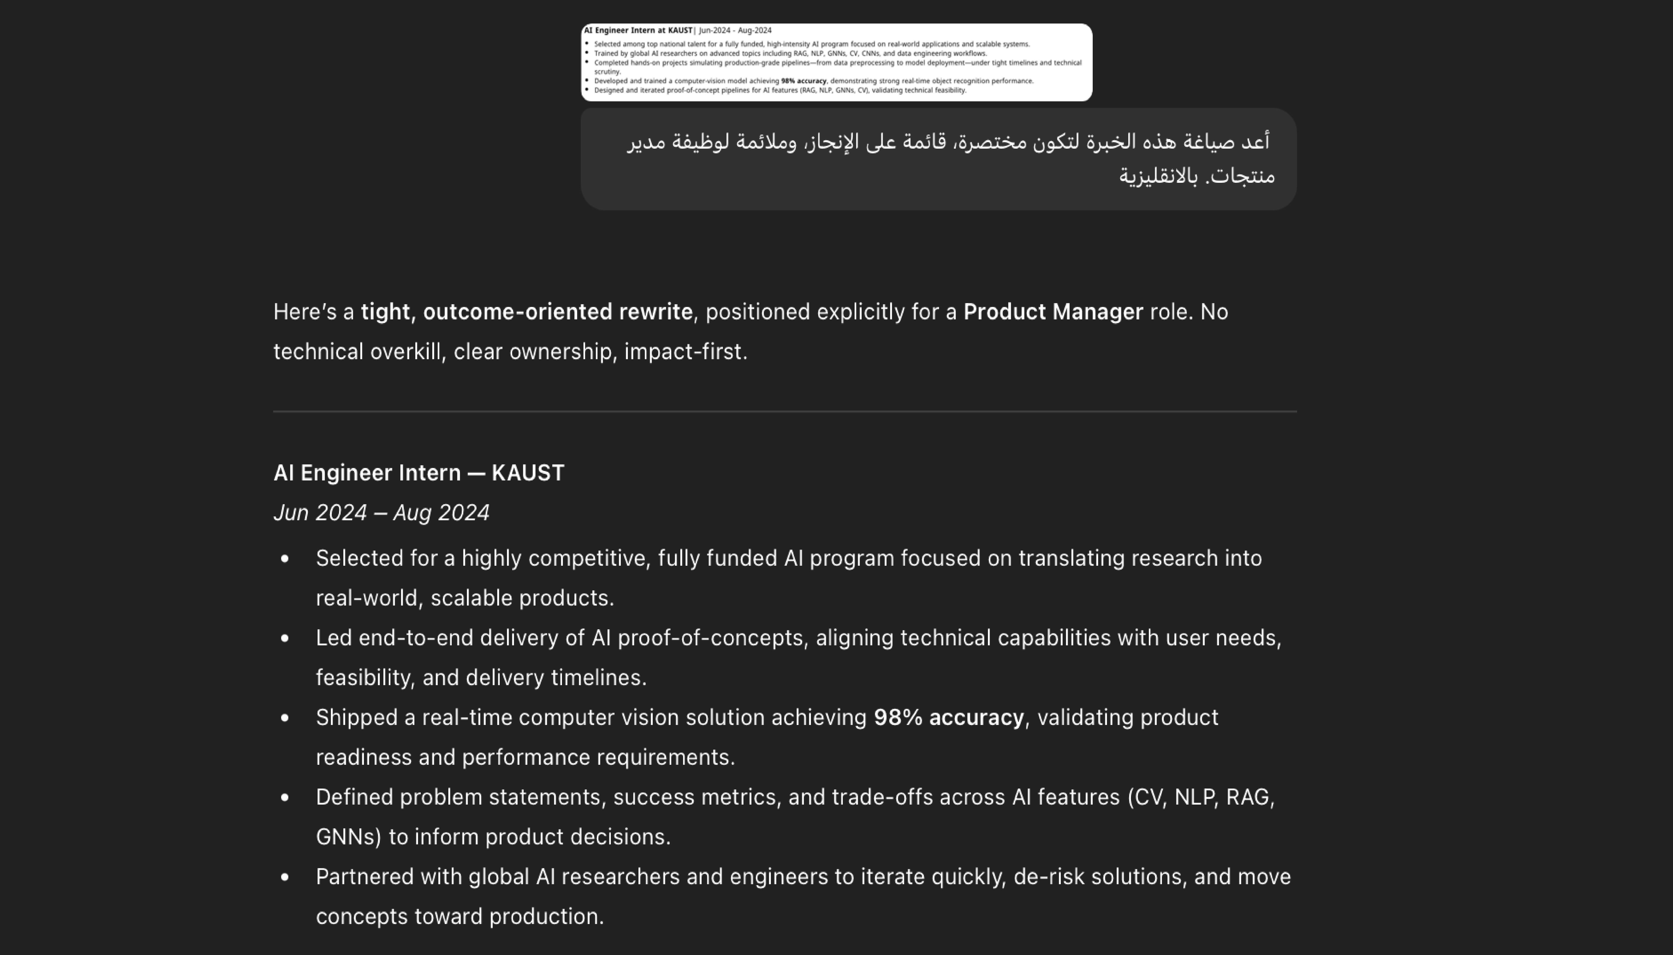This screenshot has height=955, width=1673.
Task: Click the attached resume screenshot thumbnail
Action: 836,62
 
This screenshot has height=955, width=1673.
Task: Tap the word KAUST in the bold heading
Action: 528,473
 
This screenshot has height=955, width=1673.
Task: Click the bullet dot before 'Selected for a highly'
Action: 285,559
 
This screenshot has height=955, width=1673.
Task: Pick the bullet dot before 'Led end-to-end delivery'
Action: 285,638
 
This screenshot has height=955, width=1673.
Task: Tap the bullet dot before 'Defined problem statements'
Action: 285,798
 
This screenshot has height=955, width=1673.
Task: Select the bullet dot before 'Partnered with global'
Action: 285,877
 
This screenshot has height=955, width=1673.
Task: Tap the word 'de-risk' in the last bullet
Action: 1048,877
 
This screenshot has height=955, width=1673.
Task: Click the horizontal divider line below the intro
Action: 785,411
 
